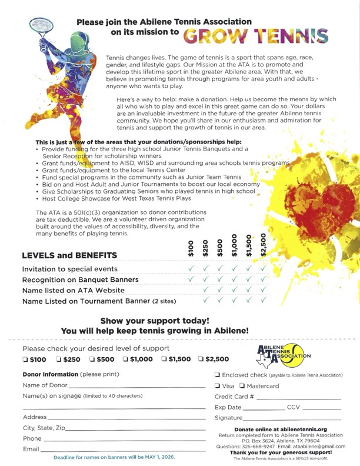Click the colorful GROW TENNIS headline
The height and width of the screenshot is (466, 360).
[x=256, y=36]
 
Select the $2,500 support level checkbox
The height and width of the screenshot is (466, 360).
[x=201, y=360]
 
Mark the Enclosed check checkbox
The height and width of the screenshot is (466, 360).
[x=218, y=375]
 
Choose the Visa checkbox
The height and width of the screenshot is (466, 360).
[x=218, y=386]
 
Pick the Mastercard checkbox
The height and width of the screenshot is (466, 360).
[x=242, y=386]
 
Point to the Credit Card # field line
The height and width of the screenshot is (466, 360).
[x=299, y=399]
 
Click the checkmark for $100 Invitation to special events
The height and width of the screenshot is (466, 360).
[x=191, y=269]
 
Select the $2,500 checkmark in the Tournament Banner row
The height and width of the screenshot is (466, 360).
[x=263, y=301]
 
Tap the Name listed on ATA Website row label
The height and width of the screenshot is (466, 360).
[x=73, y=290]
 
